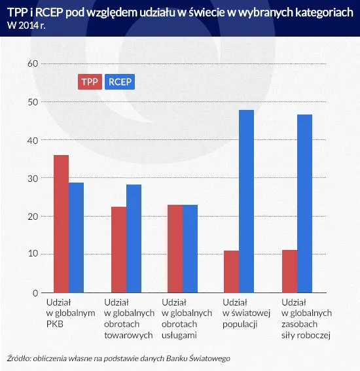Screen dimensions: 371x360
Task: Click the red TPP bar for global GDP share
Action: pyautogui.click(x=61, y=224)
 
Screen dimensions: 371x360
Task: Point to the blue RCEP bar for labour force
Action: pyautogui.click(x=304, y=203)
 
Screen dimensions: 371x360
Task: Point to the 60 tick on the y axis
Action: pyautogui.click(x=33, y=63)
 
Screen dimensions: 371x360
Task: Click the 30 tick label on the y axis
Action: pyautogui.click(x=33, y=178)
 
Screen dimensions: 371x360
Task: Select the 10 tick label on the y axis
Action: pyautogui.click(x=33, y=254)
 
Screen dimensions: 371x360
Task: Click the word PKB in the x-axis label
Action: pyautogui.click(x=56, y=324)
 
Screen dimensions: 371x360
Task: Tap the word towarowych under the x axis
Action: pyautogui.click(x=129, y=334)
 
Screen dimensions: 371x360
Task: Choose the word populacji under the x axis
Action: pyautogui.click(x=242, y=324)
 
